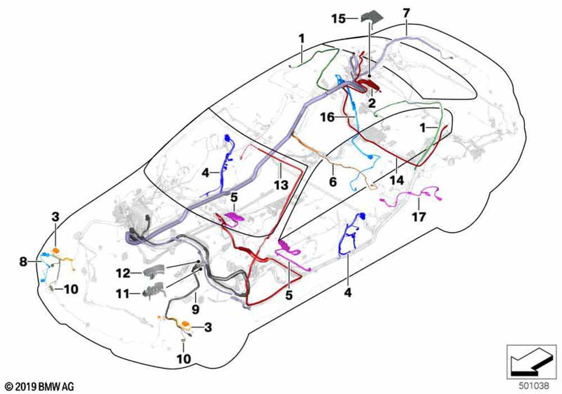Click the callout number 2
[371, 103]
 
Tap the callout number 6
[332, 183]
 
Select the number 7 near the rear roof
[406, 12]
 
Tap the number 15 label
[338, 19]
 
